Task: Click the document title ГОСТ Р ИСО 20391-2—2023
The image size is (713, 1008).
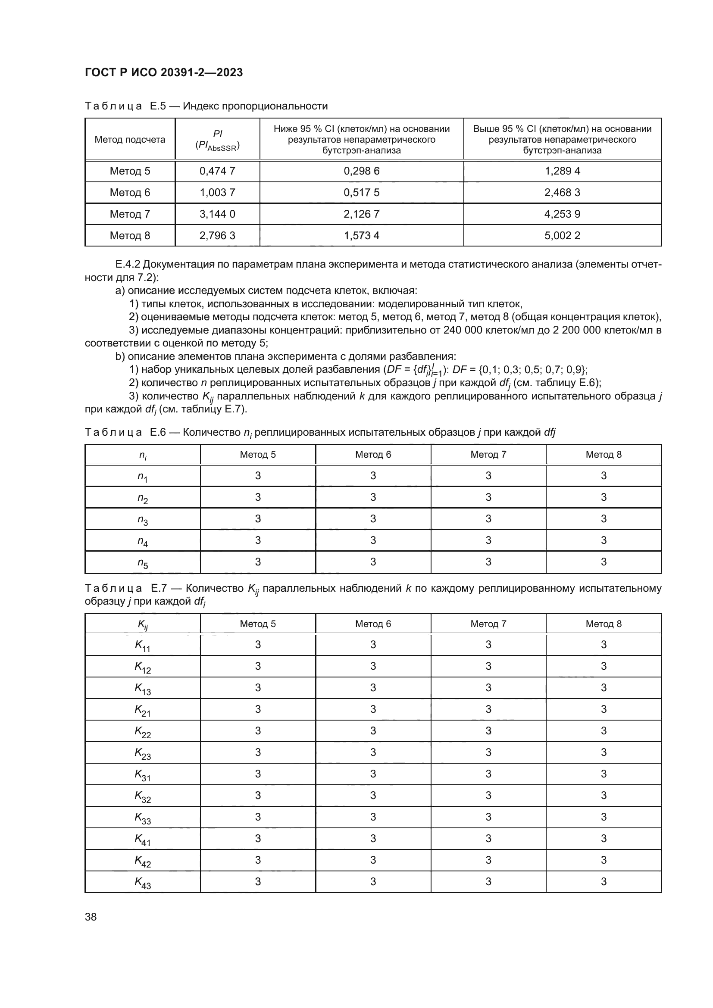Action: coord(164,72)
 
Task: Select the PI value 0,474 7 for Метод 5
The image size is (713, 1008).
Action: coord(217,171)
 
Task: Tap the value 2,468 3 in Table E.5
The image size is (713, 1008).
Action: coord(562,193)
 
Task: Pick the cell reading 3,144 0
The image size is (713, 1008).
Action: coord(217,214)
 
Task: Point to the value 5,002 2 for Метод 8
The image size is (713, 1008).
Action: coord(562,236)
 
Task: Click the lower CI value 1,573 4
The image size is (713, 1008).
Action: coord(361,236)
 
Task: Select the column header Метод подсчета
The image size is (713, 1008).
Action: coord(130,140)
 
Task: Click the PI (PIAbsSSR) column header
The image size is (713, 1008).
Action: coord(217,140)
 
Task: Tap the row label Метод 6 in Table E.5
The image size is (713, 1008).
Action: coord(130,193)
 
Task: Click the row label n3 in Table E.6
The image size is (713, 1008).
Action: coord(142,519)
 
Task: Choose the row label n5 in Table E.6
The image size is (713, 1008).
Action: coord(142,562)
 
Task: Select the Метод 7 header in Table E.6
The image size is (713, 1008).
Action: coord(488,454)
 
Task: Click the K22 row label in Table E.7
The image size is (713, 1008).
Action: coord(142,731)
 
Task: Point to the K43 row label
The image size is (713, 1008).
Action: coord(142,882)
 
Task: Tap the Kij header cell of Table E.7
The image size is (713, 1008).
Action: coord(142,624)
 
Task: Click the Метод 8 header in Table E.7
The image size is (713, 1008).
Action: coord(603,624)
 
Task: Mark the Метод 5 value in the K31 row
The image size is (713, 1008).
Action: coord(258,774)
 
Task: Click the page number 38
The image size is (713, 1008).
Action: coord(91,917)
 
